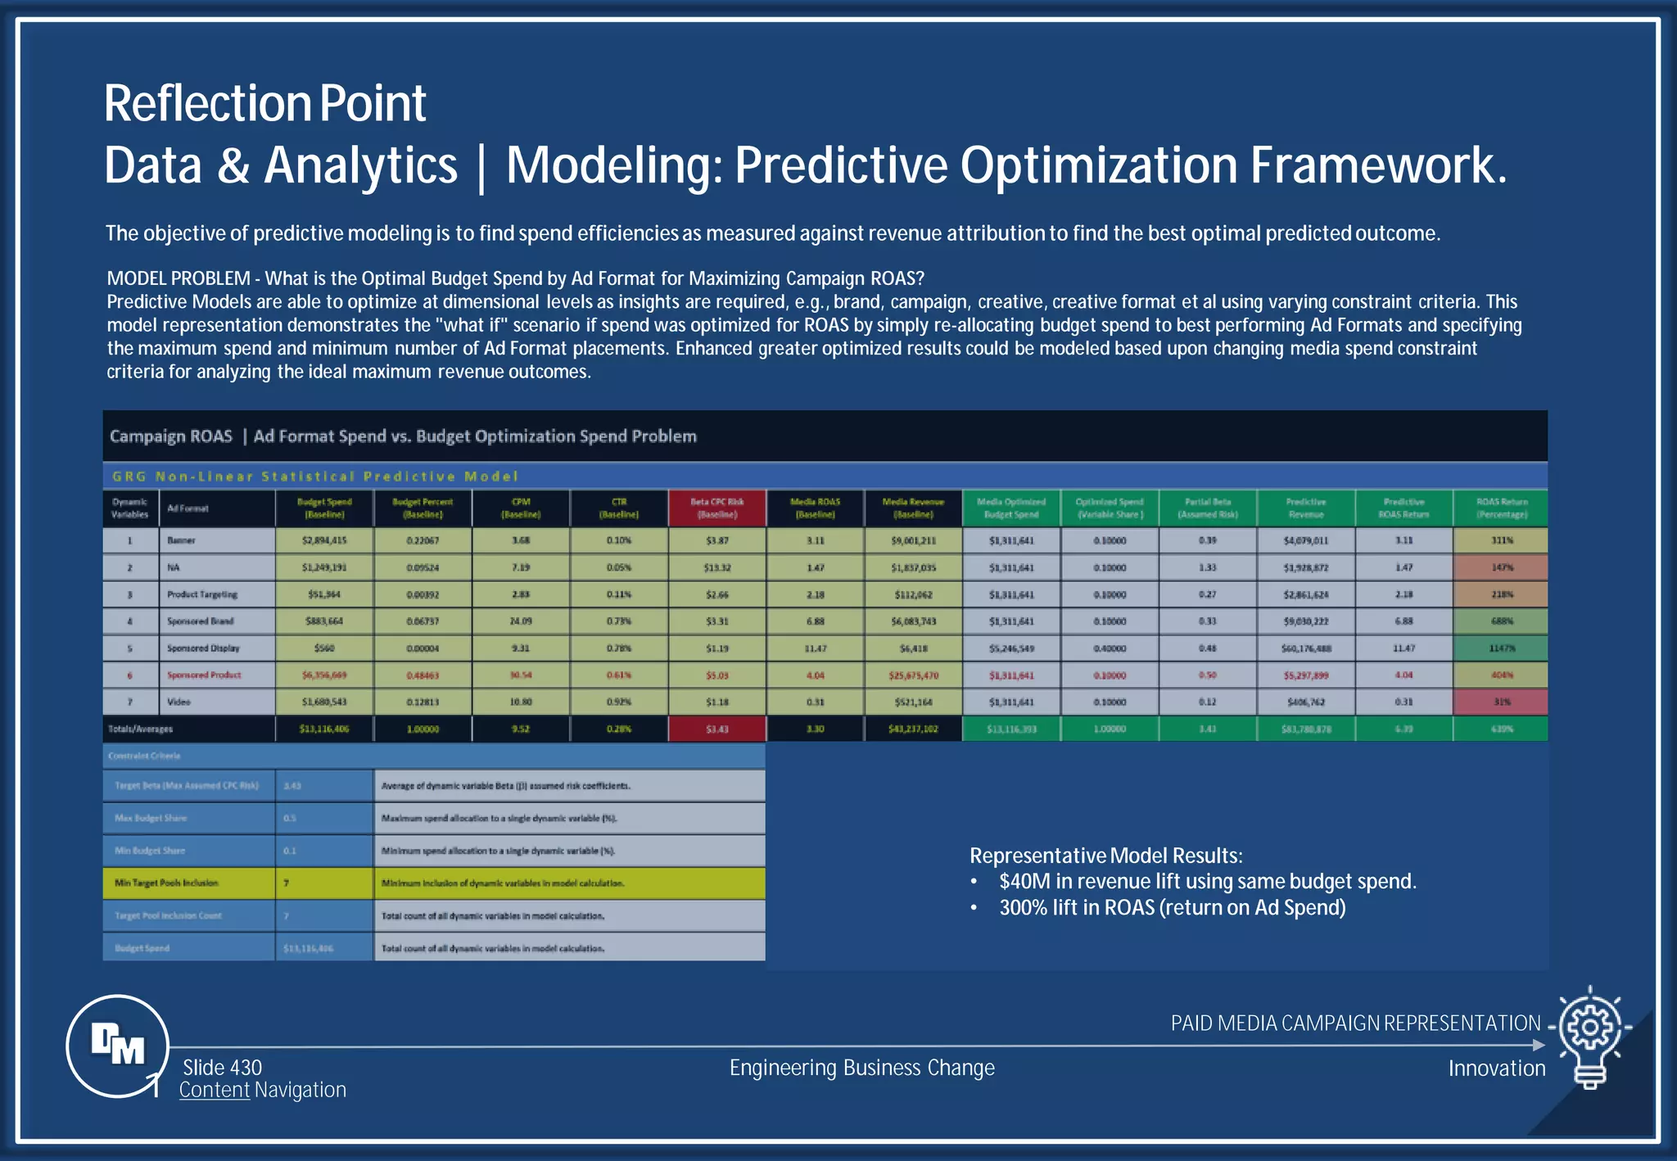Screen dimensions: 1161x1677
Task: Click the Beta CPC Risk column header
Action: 717,508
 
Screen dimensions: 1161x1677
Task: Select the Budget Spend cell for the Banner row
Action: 324,540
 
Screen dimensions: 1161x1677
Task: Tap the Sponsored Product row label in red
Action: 204,675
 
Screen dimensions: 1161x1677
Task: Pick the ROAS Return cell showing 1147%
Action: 1501,648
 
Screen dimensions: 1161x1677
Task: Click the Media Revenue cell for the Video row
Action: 913,702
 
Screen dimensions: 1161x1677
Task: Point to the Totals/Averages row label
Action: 141,729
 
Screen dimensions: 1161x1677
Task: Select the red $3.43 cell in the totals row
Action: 717,729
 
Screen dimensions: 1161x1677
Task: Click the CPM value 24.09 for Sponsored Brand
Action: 521,621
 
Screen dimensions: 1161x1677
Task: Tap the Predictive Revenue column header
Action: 1305,508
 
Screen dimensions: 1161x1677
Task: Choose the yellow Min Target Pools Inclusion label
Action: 167,883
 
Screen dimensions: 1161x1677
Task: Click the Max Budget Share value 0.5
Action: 290,818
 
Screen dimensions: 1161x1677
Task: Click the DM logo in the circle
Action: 118,1046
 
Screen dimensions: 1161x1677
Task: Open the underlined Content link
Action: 215,1091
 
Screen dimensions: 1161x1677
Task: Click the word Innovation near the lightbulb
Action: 1496,1068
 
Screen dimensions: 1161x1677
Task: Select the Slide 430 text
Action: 222,1068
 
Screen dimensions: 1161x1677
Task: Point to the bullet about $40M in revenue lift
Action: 1207,882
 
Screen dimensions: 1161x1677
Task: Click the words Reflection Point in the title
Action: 264,104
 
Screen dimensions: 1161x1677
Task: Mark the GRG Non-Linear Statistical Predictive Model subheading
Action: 315,477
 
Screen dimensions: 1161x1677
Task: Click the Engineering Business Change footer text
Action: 861,1068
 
